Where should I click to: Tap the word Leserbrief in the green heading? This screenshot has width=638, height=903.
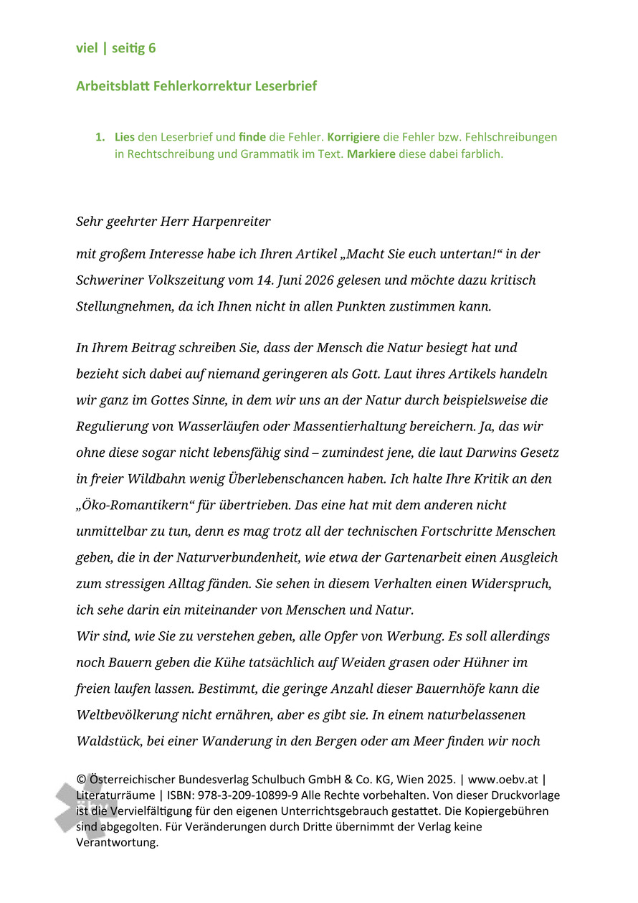(285, 86)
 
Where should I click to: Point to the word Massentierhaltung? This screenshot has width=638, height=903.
(346, 427)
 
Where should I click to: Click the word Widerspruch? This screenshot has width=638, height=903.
(510, 584)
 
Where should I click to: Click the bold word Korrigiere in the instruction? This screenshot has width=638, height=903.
(353, 136)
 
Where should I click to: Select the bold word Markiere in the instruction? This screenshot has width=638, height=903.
(371, 153)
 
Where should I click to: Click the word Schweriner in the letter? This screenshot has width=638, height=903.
(113, 280)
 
